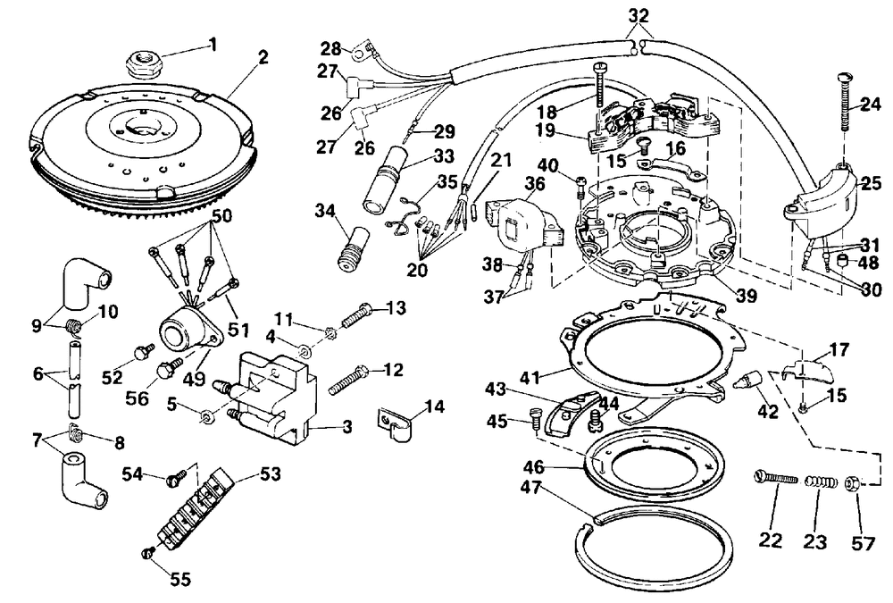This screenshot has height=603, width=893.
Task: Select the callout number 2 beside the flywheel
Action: (263, 57)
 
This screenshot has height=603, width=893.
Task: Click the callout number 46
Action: (534, 467)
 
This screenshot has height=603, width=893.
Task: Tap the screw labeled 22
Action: (776, 478)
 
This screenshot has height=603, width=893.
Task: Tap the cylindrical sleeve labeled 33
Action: (383, 179)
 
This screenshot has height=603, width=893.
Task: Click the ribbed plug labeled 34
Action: (352, 248)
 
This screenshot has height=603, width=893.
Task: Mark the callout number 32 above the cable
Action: (638, 15)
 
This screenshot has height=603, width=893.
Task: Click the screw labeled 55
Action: (147, 552)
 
